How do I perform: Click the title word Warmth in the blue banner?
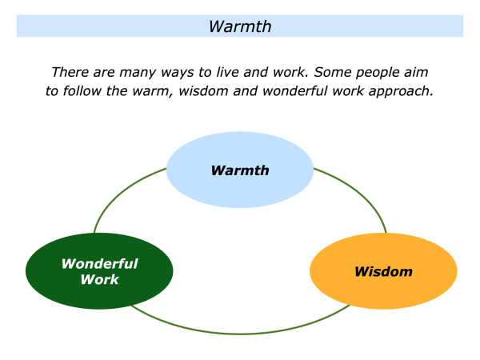tap(240, 26)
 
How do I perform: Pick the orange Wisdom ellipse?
tap(383, 272)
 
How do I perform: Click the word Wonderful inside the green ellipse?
tap(99, 264)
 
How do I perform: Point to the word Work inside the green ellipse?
tap(99, 280)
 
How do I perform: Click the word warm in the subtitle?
tap(158, 90)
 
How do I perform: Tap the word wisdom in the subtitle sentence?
tap(212, 90)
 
